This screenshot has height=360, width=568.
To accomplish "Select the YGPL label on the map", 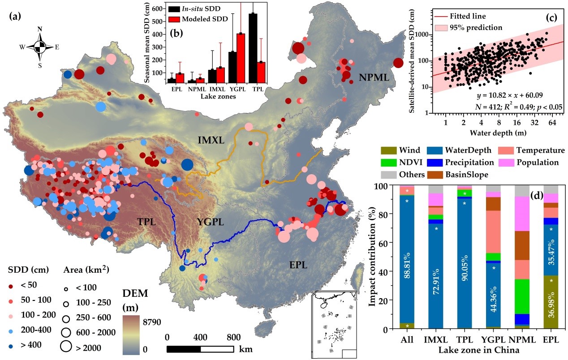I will click(209, 222).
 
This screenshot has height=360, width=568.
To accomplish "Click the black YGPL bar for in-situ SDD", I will click(232, 67).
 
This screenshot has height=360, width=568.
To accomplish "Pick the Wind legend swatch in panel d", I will click(388, 150).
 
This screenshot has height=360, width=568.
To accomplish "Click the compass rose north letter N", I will click(40, 30).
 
